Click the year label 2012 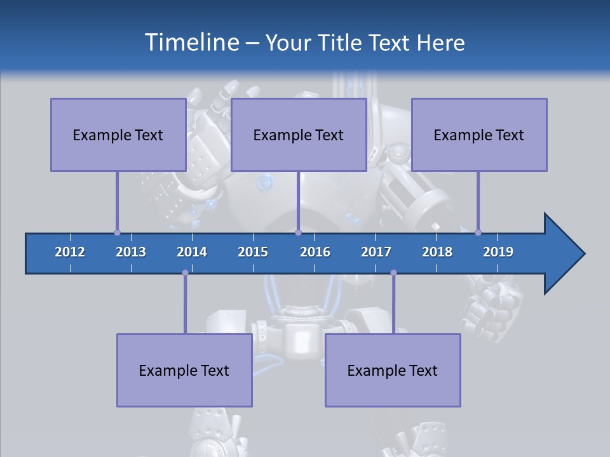[x=70, y=252]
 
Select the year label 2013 [x=131, y=252]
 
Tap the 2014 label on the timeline [x=192, y=252]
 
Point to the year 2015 [x=253, y=252]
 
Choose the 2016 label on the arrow [x=315, y=252]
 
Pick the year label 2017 [x=376, y=252]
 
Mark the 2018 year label [x=437, y=252]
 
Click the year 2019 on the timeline [x=498, y=252]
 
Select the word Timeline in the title [x=191, y=43]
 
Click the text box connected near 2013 [x=118, y=135]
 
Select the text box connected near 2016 [x=299, y=135]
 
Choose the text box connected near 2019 [x=479, y=135]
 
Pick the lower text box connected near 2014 [x=184, y=370]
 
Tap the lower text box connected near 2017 [x=393, y=370]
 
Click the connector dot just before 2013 [x=117, y=232]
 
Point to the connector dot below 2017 [x=393, y=273]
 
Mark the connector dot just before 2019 [x=478, y=232]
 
